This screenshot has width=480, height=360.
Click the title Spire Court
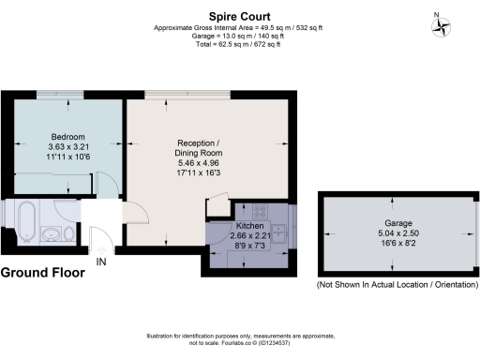[239, 16]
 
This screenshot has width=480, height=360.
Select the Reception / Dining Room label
[198, 148]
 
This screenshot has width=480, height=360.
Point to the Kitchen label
[249, 227]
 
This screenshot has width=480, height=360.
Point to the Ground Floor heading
[43, 273]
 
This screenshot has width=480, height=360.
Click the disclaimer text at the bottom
[239, 339]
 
